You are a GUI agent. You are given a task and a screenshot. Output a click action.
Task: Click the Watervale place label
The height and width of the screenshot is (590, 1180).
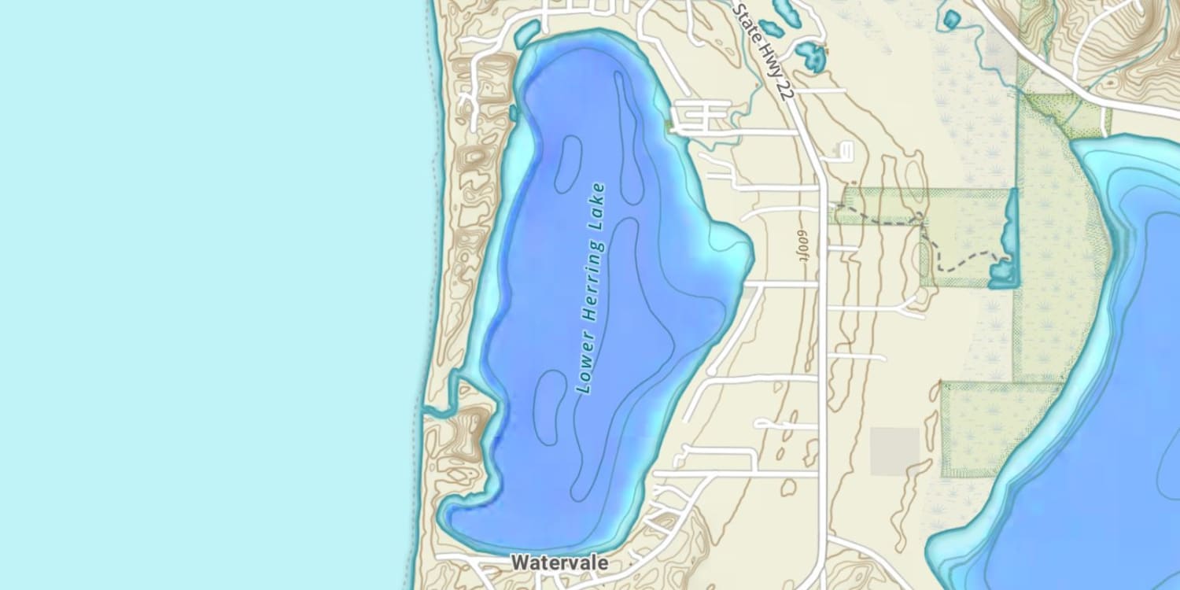(x=559, y=563)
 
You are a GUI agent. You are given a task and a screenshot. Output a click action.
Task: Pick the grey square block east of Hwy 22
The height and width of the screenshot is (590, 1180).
(x=894, y=451)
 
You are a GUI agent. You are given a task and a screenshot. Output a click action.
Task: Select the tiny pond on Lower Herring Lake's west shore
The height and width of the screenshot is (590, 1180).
(x=514, y=112)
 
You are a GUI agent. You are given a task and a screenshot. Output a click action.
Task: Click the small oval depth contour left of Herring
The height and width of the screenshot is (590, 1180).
(x=568, y=164)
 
